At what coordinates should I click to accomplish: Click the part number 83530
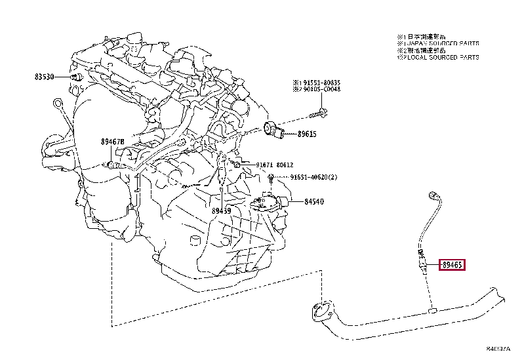[x=47, y=77]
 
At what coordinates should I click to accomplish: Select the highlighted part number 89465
[x=451, y=266]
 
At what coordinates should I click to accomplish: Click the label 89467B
[x=112, y=142]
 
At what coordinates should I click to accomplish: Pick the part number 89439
[x=221, y=210]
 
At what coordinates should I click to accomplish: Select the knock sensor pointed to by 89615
[x=275, y=130]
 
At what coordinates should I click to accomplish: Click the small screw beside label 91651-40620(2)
[x=270, y=178]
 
